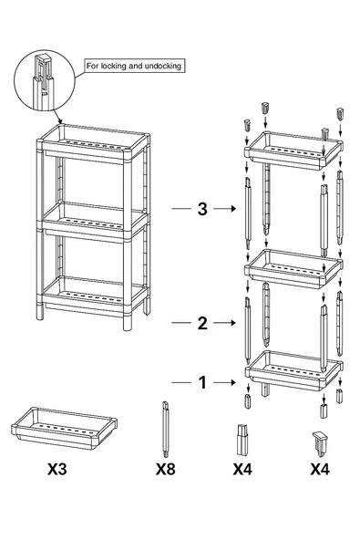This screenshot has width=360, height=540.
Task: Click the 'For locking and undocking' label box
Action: point(135,66)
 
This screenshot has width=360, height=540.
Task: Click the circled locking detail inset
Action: point(45,80)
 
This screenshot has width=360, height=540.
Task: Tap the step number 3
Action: point(202,209)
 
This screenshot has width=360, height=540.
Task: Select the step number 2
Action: point(202,323)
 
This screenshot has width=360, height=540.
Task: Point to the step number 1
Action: point(202,382)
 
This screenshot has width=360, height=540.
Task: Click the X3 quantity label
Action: point(57,469)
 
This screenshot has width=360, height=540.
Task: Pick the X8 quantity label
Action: point(166,469)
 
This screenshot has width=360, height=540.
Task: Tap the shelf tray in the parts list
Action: point(64,429)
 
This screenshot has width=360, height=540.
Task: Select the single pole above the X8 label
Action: point(166,429)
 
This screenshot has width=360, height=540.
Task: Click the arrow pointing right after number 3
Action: point(225,208)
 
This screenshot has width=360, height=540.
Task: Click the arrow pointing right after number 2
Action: point(225,323)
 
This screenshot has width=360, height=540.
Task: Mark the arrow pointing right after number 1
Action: point(225,382)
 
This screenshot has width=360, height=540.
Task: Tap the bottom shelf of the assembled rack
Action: point(94,296)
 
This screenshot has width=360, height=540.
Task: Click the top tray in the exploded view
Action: point(293,151)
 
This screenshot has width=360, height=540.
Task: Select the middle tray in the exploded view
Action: point(293,268)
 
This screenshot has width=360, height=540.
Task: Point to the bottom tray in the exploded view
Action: point(293,370)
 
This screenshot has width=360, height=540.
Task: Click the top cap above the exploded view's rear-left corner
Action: point(264,108)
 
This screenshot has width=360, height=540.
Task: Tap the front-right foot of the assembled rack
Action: point(128,322)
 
